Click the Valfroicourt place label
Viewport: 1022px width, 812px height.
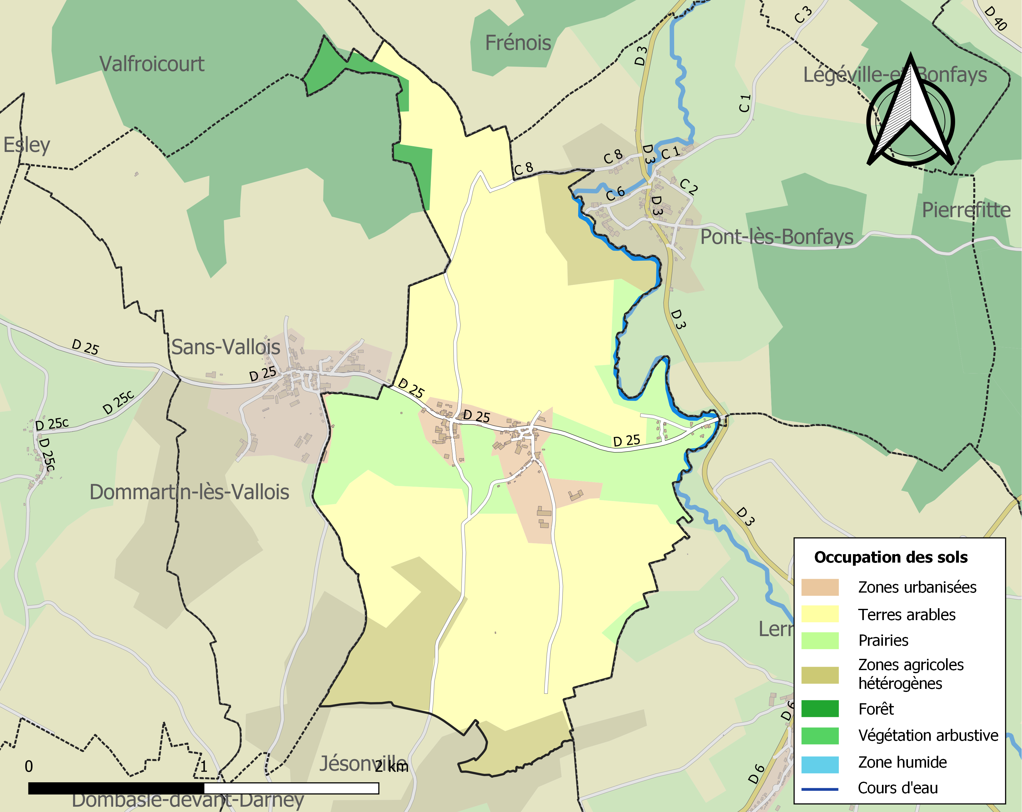click(x=152, y=64)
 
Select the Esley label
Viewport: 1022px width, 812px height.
click(x=27, y=145)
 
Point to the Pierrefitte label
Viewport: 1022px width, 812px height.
click(x=966, y=210)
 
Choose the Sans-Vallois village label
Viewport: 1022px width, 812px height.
click(x=226, y=347)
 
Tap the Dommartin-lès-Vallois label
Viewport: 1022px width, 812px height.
click(x=189, y=492)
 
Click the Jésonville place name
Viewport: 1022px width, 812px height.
click(x=363, y=764)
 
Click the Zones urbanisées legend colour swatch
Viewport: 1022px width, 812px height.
click(x=819, y=587)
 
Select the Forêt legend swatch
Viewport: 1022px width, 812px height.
click(x=819, y=709)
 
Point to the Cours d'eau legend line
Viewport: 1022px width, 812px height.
click(x=819, y=789)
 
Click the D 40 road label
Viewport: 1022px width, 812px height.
click(x=995, y=18)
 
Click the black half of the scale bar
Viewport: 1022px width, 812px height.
click(x=116, y=788)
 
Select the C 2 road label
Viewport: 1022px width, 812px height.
click(x=688, y=187)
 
